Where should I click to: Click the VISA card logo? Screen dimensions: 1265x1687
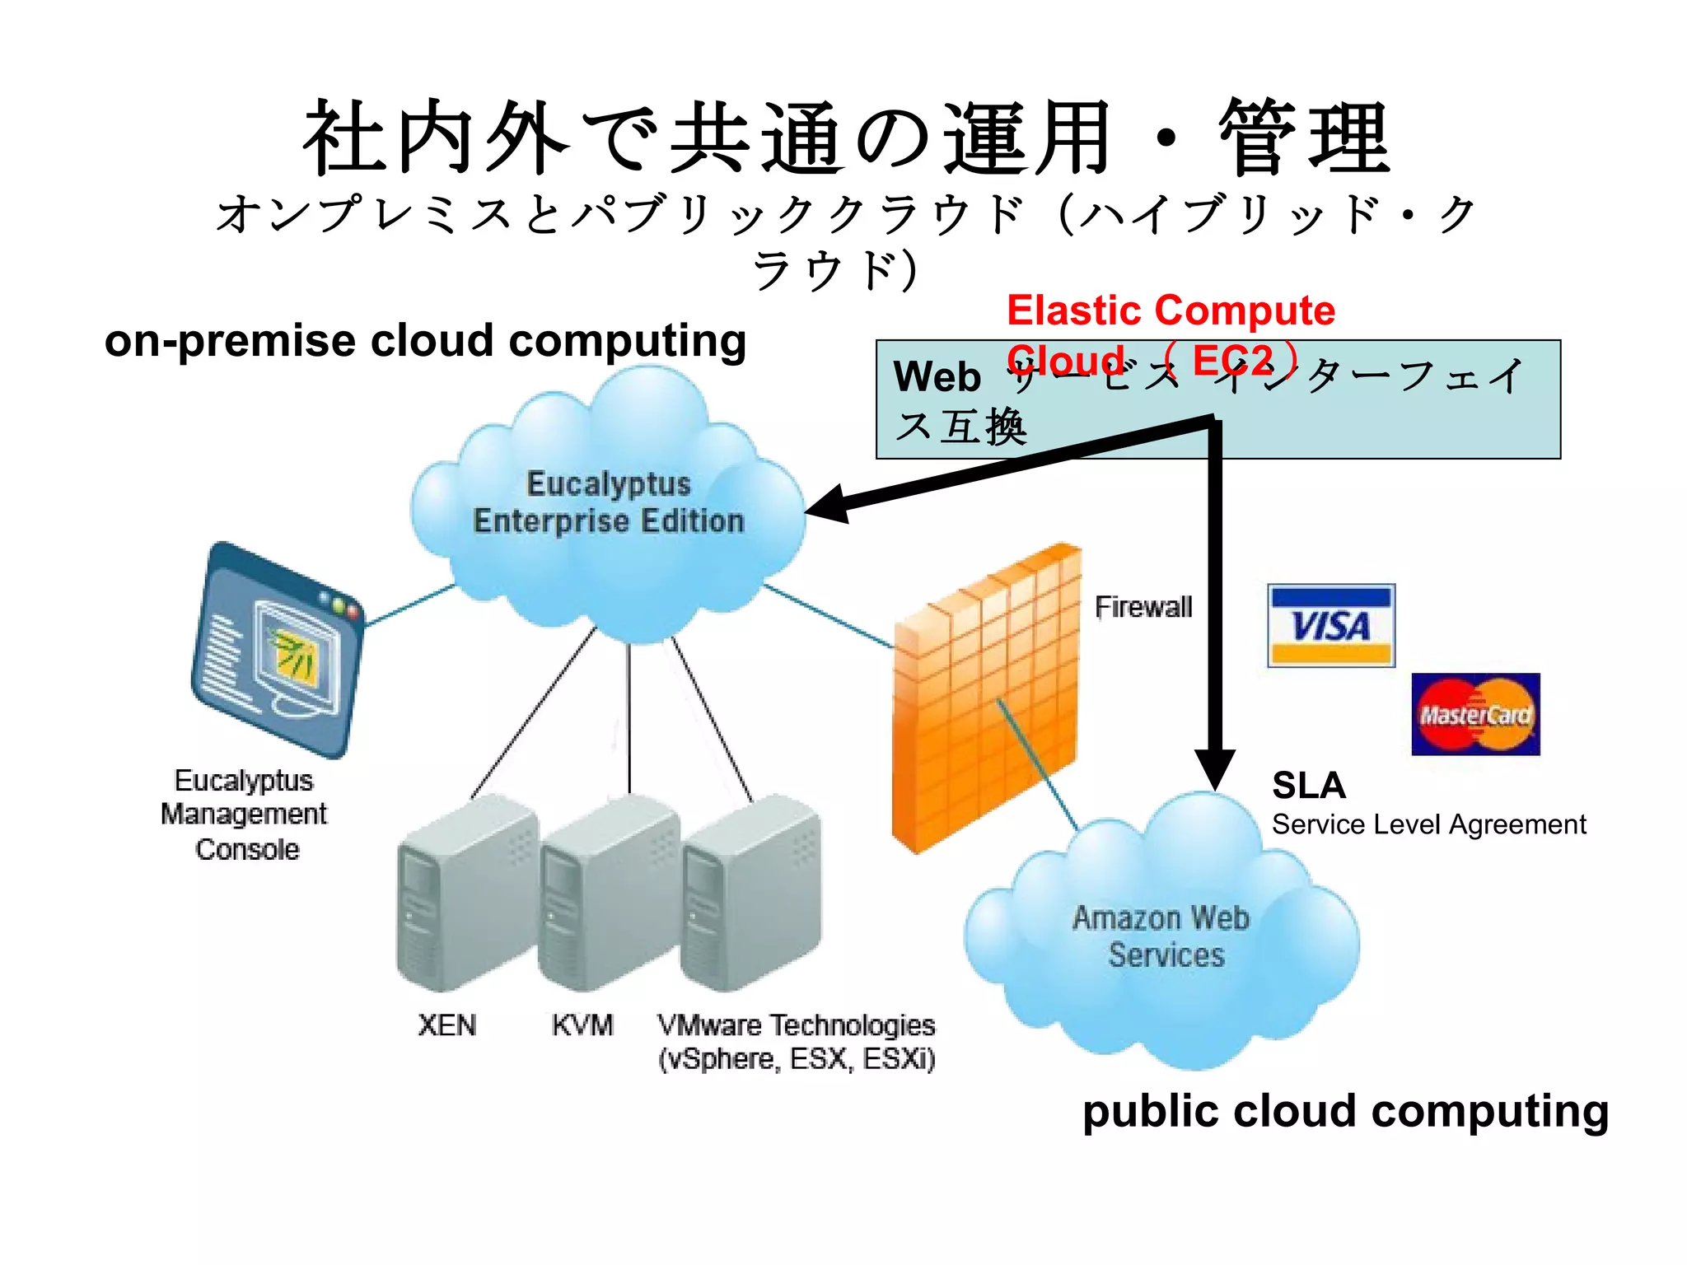[1330, 625]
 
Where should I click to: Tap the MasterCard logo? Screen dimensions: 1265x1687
[1475, 714]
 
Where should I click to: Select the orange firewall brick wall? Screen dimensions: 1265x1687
[984, 700]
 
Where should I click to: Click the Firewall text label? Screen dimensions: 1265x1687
[1143, 607]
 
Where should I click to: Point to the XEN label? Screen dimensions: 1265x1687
[446, 1025]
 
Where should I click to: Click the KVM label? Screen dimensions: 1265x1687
[582, 1025]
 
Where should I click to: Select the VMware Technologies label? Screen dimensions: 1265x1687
[796, 1042]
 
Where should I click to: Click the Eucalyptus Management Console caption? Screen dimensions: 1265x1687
[245, 814]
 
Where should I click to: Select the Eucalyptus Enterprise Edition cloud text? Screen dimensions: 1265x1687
[608, 502]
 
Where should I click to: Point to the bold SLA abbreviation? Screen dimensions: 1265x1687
[1308, 785]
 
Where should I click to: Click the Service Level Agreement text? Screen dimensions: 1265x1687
[1428, 824]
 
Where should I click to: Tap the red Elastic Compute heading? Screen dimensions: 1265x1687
[1170, 311]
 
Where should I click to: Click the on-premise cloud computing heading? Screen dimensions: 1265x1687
[425, 341]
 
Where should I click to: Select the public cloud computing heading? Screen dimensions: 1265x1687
[1345, 1111]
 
